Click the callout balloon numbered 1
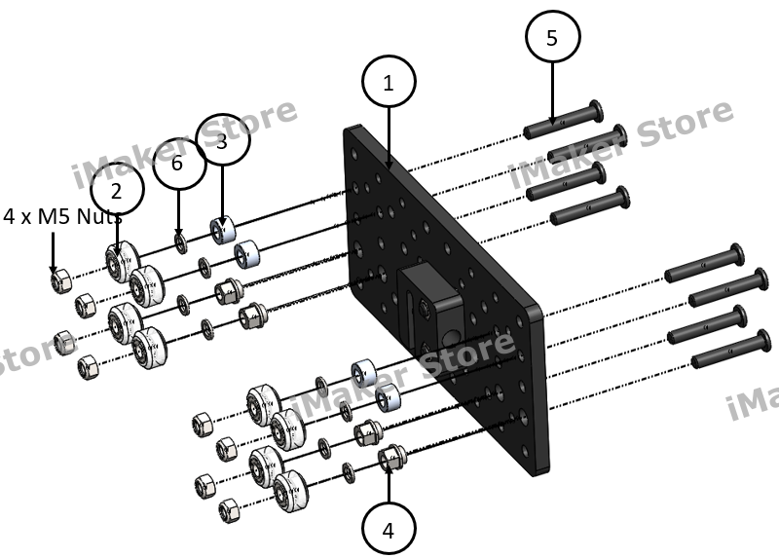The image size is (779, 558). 389,84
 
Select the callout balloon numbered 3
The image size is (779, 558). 223,139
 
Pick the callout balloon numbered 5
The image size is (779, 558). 552,39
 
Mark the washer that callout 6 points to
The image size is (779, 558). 181,241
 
